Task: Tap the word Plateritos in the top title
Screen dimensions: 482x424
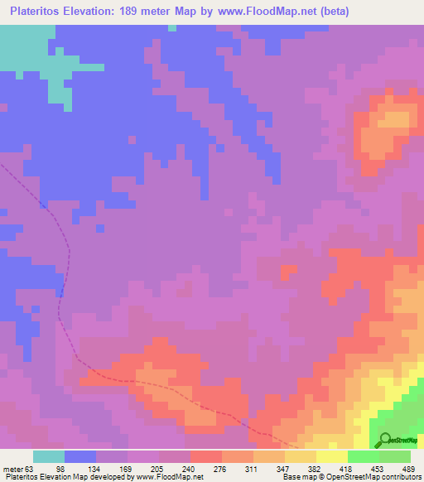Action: [x=38, y=12]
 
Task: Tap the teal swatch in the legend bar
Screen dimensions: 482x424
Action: [x=49, y=456]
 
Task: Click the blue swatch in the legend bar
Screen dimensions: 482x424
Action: [x=80, y=456]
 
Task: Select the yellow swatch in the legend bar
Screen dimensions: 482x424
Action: [x=331, y=456]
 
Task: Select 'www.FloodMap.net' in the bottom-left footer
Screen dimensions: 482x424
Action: [x=169, y=477]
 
